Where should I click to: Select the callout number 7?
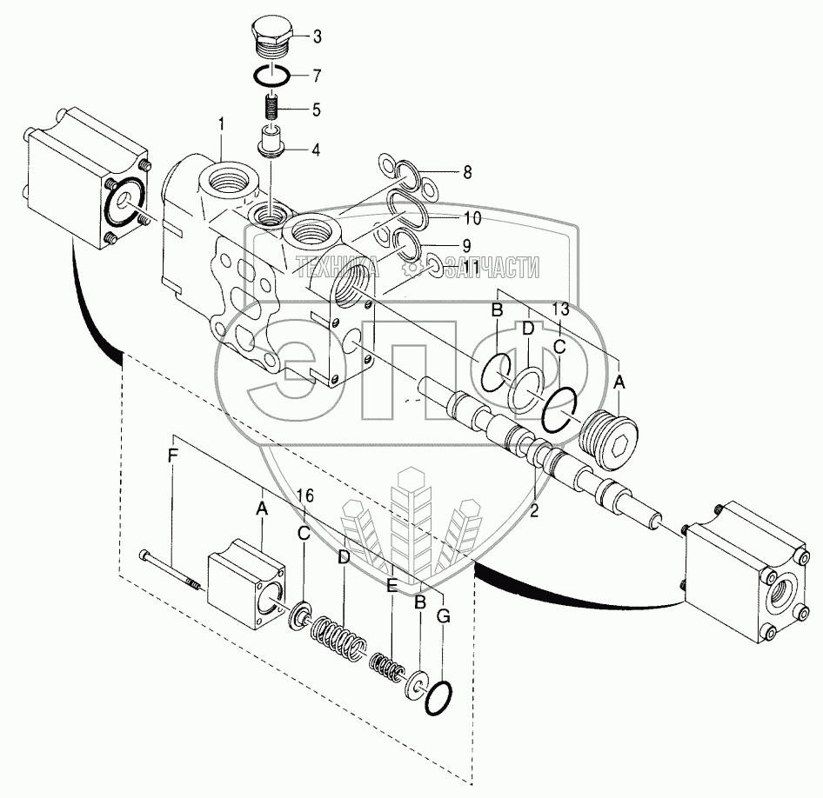pos(317,76)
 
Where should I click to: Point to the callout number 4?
pos(316,150)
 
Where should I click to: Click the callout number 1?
pos(222,125)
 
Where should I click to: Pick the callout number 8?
pos(467,172)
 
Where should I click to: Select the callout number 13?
pos(560,309)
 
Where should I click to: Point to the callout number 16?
pos(305,495)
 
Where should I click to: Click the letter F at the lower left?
pos(172,457)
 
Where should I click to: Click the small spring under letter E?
pos(387,667)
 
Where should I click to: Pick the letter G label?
pos(444,616)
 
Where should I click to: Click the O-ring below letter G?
pos(438,698)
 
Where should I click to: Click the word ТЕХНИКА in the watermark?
pos(337,268)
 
